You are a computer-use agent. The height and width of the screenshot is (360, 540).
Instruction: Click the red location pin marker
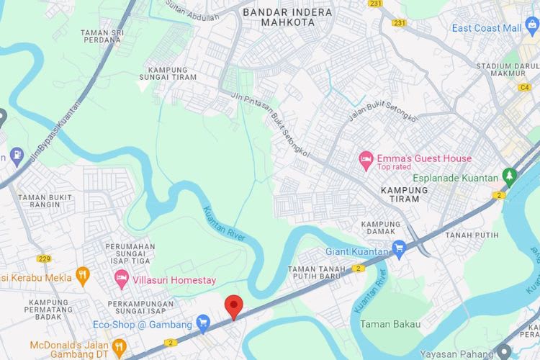(233, 307)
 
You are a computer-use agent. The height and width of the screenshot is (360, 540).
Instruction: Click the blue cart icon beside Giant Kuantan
(400, 251)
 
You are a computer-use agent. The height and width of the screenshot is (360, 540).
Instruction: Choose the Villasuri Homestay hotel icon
(121, 278)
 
